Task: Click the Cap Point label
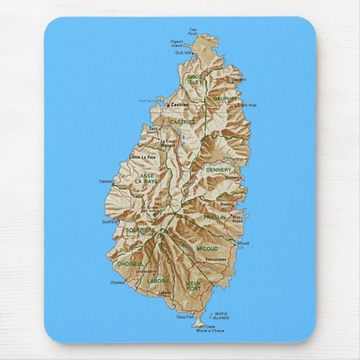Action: coord(193,31)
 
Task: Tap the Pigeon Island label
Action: coord(177,43)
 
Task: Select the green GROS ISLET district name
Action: coord(196,79)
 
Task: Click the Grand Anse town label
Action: coord(246,105)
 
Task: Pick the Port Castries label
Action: coord(148,101)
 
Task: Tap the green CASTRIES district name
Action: coord(182,122)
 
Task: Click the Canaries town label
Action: coord(105,181)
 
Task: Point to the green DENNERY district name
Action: coord(219,170)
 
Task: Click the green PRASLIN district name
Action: coord(215,217)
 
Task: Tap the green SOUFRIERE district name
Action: coord(140,230)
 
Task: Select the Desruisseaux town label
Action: coord(215,259)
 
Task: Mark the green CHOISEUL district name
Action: coord(130,263)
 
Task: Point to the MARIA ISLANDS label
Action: coord(220,316)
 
